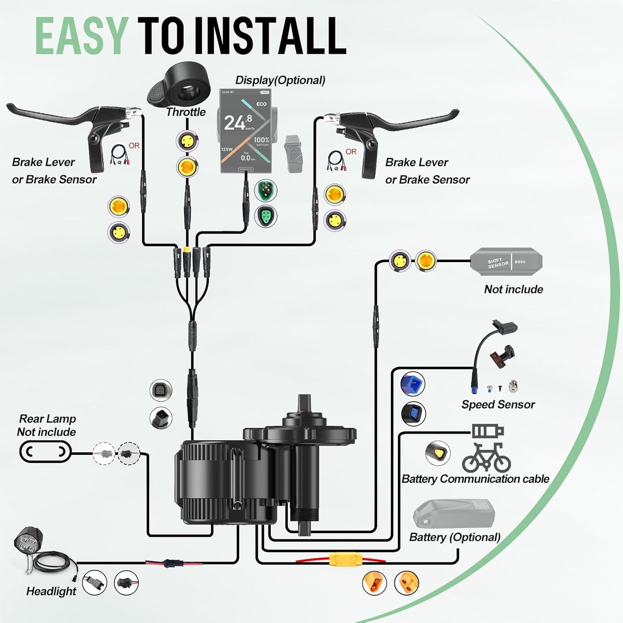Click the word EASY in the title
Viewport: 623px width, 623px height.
click(x=81, y=36)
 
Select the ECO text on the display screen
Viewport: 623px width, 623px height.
click(x=261, y=104)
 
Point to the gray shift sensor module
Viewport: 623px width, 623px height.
click(x=506, y=262)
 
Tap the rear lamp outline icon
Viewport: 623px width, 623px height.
click(x=45, y=452)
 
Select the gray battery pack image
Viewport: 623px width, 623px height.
click(x=454, y=514)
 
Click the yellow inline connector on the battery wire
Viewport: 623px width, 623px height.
click(x=341, y=560)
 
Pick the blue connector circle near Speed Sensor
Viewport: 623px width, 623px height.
click(x=413, y=384)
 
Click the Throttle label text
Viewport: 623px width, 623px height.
click(x=186, y=112)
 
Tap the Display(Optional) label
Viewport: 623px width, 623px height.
click(x=280, y=80)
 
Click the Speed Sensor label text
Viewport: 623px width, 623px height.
click(x=498, y=404)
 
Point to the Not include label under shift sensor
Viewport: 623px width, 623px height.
click(x=513, y=289)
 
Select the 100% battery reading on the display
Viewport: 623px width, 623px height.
click(x=261, y=140)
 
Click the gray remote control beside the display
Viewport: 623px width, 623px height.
click(x=293, y=153)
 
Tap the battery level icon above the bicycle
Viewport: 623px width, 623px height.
click(x=488, y=431)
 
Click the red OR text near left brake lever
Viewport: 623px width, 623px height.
click(x=134, y=146)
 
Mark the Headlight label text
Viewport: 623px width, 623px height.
click(x=51, y=591)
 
